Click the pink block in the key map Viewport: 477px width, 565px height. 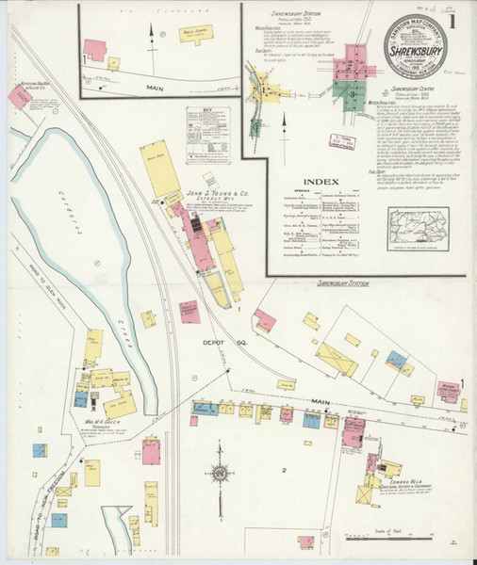[337, 67]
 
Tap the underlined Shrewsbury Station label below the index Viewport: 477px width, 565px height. [342, 282]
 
